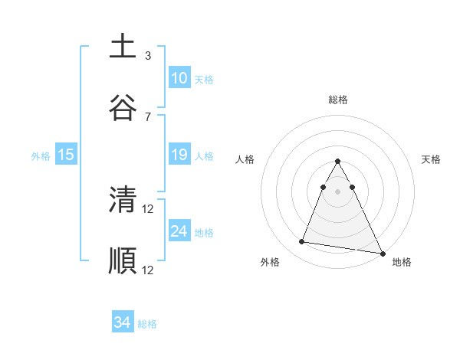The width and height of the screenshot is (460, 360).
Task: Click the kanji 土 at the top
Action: tap(122, 47)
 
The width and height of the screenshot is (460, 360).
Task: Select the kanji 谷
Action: tap(122, 106)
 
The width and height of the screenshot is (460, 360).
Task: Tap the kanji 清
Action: tap(122, 200)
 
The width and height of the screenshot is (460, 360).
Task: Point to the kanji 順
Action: tap(122, 260)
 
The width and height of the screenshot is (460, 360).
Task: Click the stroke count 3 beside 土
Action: tap(148, 55)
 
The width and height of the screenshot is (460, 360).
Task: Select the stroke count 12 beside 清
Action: tap(149, 209)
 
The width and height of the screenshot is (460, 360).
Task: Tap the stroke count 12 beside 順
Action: tap(149, 270)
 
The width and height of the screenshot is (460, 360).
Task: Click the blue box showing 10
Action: tap(179, 78)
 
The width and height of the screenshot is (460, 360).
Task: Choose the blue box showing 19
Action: tap(179, 155)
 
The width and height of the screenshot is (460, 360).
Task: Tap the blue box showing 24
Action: tap(179, 231)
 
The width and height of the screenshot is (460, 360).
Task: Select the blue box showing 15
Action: tap(66, 155)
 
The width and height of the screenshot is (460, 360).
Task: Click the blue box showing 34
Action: tap(122, 323)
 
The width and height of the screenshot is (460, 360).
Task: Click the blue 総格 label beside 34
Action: tap(147, 324)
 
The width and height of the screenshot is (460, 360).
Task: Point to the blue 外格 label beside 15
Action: tap(41, 156)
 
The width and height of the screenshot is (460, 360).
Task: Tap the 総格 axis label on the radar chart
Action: tap(338, 100)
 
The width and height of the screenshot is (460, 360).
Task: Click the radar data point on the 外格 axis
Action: tap(301, 242)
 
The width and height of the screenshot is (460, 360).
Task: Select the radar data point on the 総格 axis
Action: tap(338, 162)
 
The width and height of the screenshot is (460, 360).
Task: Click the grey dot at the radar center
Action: tap(338, 191)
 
